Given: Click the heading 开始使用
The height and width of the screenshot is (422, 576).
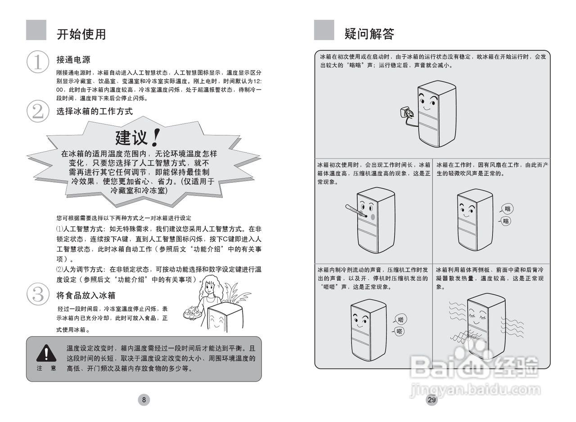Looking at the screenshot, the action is tap(81, 34).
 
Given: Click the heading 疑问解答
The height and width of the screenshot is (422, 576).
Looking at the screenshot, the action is tap(369, 34).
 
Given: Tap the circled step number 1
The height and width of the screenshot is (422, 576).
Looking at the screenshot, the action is tap(38, 62).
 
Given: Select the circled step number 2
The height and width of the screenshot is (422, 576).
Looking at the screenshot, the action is tap(38, 111).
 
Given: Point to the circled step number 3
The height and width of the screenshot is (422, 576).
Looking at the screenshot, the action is tap(38, 294).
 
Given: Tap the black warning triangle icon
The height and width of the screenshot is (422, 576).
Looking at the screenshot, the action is tap(46, 353).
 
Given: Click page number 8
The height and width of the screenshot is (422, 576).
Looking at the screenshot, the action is tap(144, 400).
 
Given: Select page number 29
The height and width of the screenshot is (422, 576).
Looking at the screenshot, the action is tap(432, 400).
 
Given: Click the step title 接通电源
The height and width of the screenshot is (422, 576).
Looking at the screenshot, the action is tap(73, 59).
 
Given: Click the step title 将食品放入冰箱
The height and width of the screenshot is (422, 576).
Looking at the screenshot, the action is tap(86, 295).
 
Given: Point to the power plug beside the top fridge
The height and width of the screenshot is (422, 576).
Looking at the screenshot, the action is tap(403, 112).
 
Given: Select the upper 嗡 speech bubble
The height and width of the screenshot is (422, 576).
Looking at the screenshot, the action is tap(507, 209).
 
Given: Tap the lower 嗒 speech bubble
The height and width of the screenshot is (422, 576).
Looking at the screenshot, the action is tap(400, 331).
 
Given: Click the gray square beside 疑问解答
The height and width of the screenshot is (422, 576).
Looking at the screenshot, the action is tap(324, 30).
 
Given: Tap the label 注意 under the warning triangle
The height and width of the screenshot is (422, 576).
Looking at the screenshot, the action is tap(46, 368).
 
